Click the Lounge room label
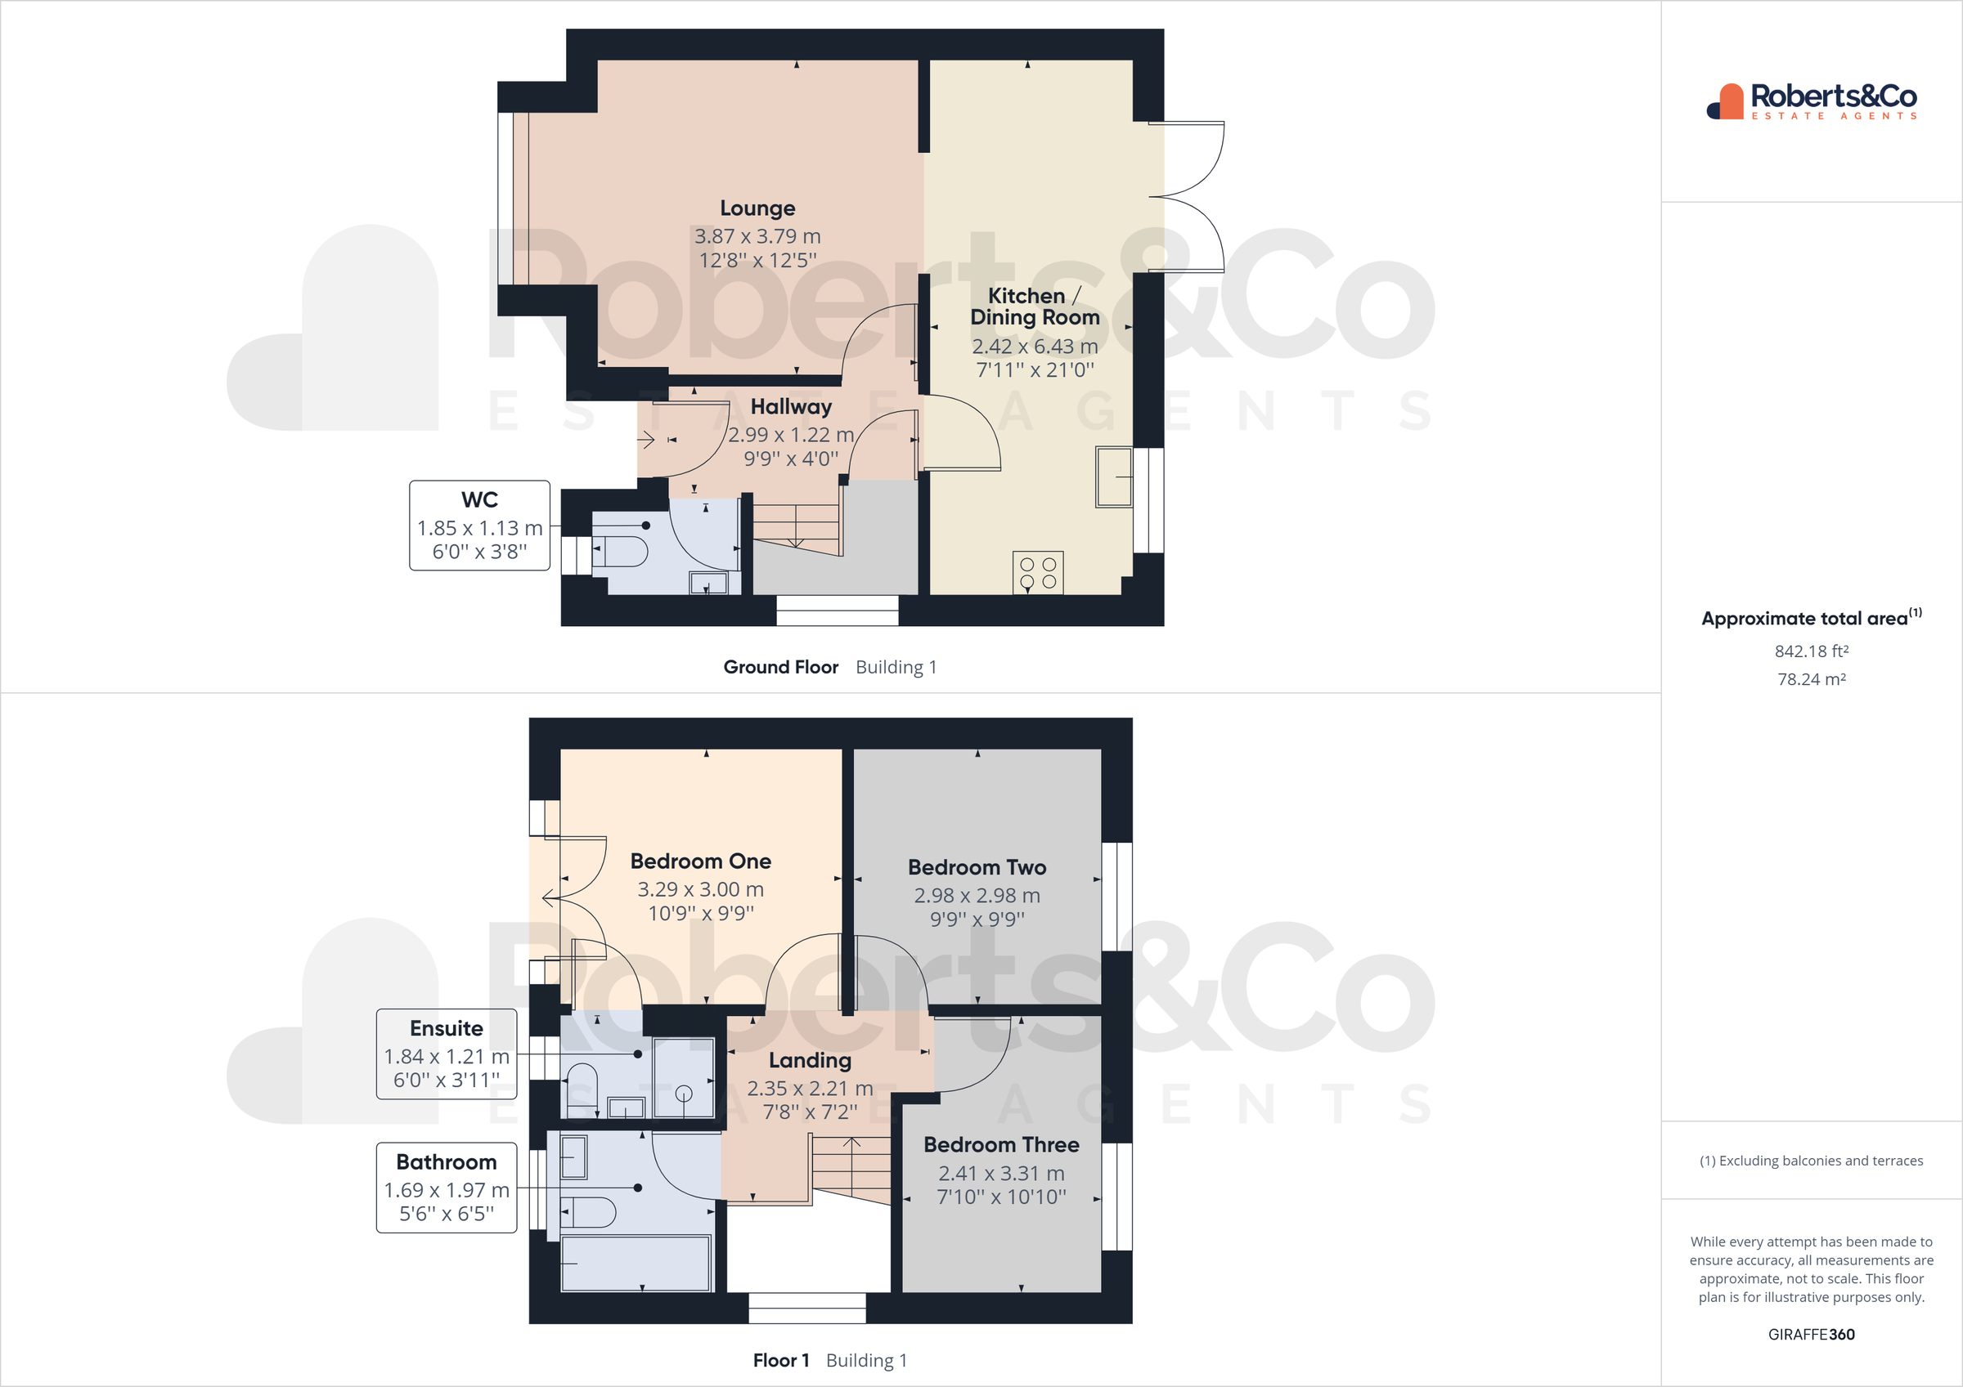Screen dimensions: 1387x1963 (757, 208)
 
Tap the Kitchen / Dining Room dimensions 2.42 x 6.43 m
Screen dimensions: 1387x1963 (1035, 346)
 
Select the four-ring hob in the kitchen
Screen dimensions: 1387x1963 (1037, 573)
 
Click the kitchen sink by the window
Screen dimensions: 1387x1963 (1113, 477)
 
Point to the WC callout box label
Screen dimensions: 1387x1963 (478, 500)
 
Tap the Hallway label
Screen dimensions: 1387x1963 (790, 407)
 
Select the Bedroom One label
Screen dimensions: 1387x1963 (700, 861)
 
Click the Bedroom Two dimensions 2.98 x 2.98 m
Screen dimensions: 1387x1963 (977, 896)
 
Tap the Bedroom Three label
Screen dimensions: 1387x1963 (1000, 1145)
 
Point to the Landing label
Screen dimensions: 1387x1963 (809, 1061)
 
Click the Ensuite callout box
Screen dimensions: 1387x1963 (447, 1054)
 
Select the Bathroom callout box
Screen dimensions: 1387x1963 (447, 1187)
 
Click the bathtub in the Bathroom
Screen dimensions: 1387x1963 (636, 1263)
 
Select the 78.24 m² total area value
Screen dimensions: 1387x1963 (1811, 679)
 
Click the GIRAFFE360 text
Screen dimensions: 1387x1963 (1811, 1334)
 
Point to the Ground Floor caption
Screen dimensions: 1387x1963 (779, 668)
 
